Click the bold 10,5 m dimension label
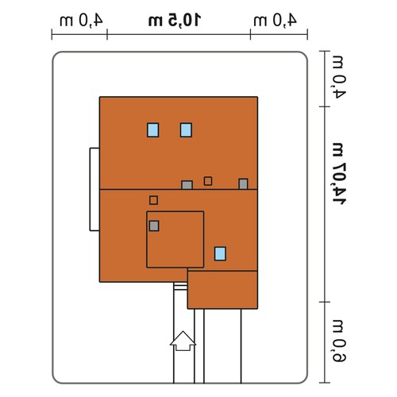tap(175, 21)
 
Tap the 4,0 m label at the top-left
tap(81, 21)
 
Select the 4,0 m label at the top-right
tap(275, 21)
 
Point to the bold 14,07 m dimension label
tap(339, 174)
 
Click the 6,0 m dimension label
tap(339, 341)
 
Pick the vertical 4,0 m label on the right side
tap(339, 78)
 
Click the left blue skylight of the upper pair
tap(153, 130)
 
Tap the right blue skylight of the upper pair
tap(186, 130)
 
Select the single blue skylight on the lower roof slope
tap(220, 253)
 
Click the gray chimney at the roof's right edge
tap(243, 184)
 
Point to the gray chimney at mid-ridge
tap(187, 185)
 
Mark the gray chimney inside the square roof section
tap(154, 226)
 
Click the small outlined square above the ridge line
tap(208, 181)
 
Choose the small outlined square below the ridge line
tap(153, 200)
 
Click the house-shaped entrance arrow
tap(183, 341)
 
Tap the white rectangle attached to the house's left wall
tap(94, 189)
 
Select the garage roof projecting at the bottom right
tap(222, 290)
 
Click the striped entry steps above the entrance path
tap(180, 286)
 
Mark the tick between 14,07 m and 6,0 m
tap(325, 302)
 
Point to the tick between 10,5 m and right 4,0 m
tap(250, 34)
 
